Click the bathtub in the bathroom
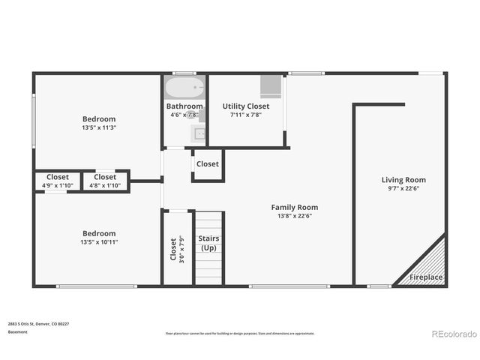pyautogui.click(x=184, y=88)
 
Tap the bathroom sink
pyautogui.click(x=199, y=135)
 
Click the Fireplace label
pyautogui.click(x=426, y=277)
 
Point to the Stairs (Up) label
pyautogui.click(x=208, y=243)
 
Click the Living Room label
pyautogui.click(x=403, y=180)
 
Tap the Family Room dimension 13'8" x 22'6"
pyautogui.click(x=294, y=217)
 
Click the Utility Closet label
pyautogui.click(x=245, y=106)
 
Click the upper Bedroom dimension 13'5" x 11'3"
pyautogui.click(x=99, y=128)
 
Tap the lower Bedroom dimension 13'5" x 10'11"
pyautogui.click(x=99, y=242)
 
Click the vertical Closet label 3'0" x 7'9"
pyautogui.click(x=177, y=249)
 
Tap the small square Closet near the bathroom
pyautogui.click(x=208, y=164)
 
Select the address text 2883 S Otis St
pyautogui.click(x=38, y=324)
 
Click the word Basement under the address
pyautogui.click(x=17, y=331)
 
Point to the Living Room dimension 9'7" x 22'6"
pyautogui.click(x=403, y=189)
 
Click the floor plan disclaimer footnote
pyautogui.click(x=240, y=333)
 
